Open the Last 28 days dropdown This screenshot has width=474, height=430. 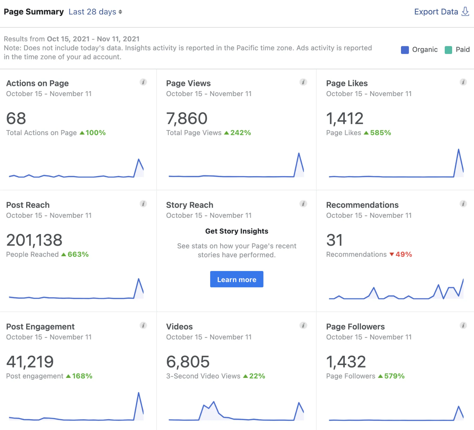click(x=95, y=12)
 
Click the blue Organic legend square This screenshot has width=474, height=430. click(x=405, y=50)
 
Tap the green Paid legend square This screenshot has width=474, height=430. click(x=448, y=50)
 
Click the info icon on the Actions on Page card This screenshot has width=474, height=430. click(x=143, y=82)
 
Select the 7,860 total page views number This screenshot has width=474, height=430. click(x=187, y=119)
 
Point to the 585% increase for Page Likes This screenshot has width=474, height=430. click(x=380, y=133)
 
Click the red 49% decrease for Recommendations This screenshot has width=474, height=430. click(x=403, y=254)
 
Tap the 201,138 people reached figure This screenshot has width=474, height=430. click(x=34, y=240)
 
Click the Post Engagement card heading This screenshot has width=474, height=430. click(x=40, y=327)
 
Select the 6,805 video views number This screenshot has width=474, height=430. click(x=188, y=362)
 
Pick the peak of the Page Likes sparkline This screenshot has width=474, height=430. click(x=458, y=150)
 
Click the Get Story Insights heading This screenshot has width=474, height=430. click(x=237, y=231)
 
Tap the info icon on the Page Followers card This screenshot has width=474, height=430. click(x=463, y=325)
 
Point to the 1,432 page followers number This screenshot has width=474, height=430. click(x=346, y=362)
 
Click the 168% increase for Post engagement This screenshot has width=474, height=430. click(x=82, y=376)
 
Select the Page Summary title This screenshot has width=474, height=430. click(x=34, y=12)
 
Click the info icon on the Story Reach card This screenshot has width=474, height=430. click(x=303, y=204)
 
